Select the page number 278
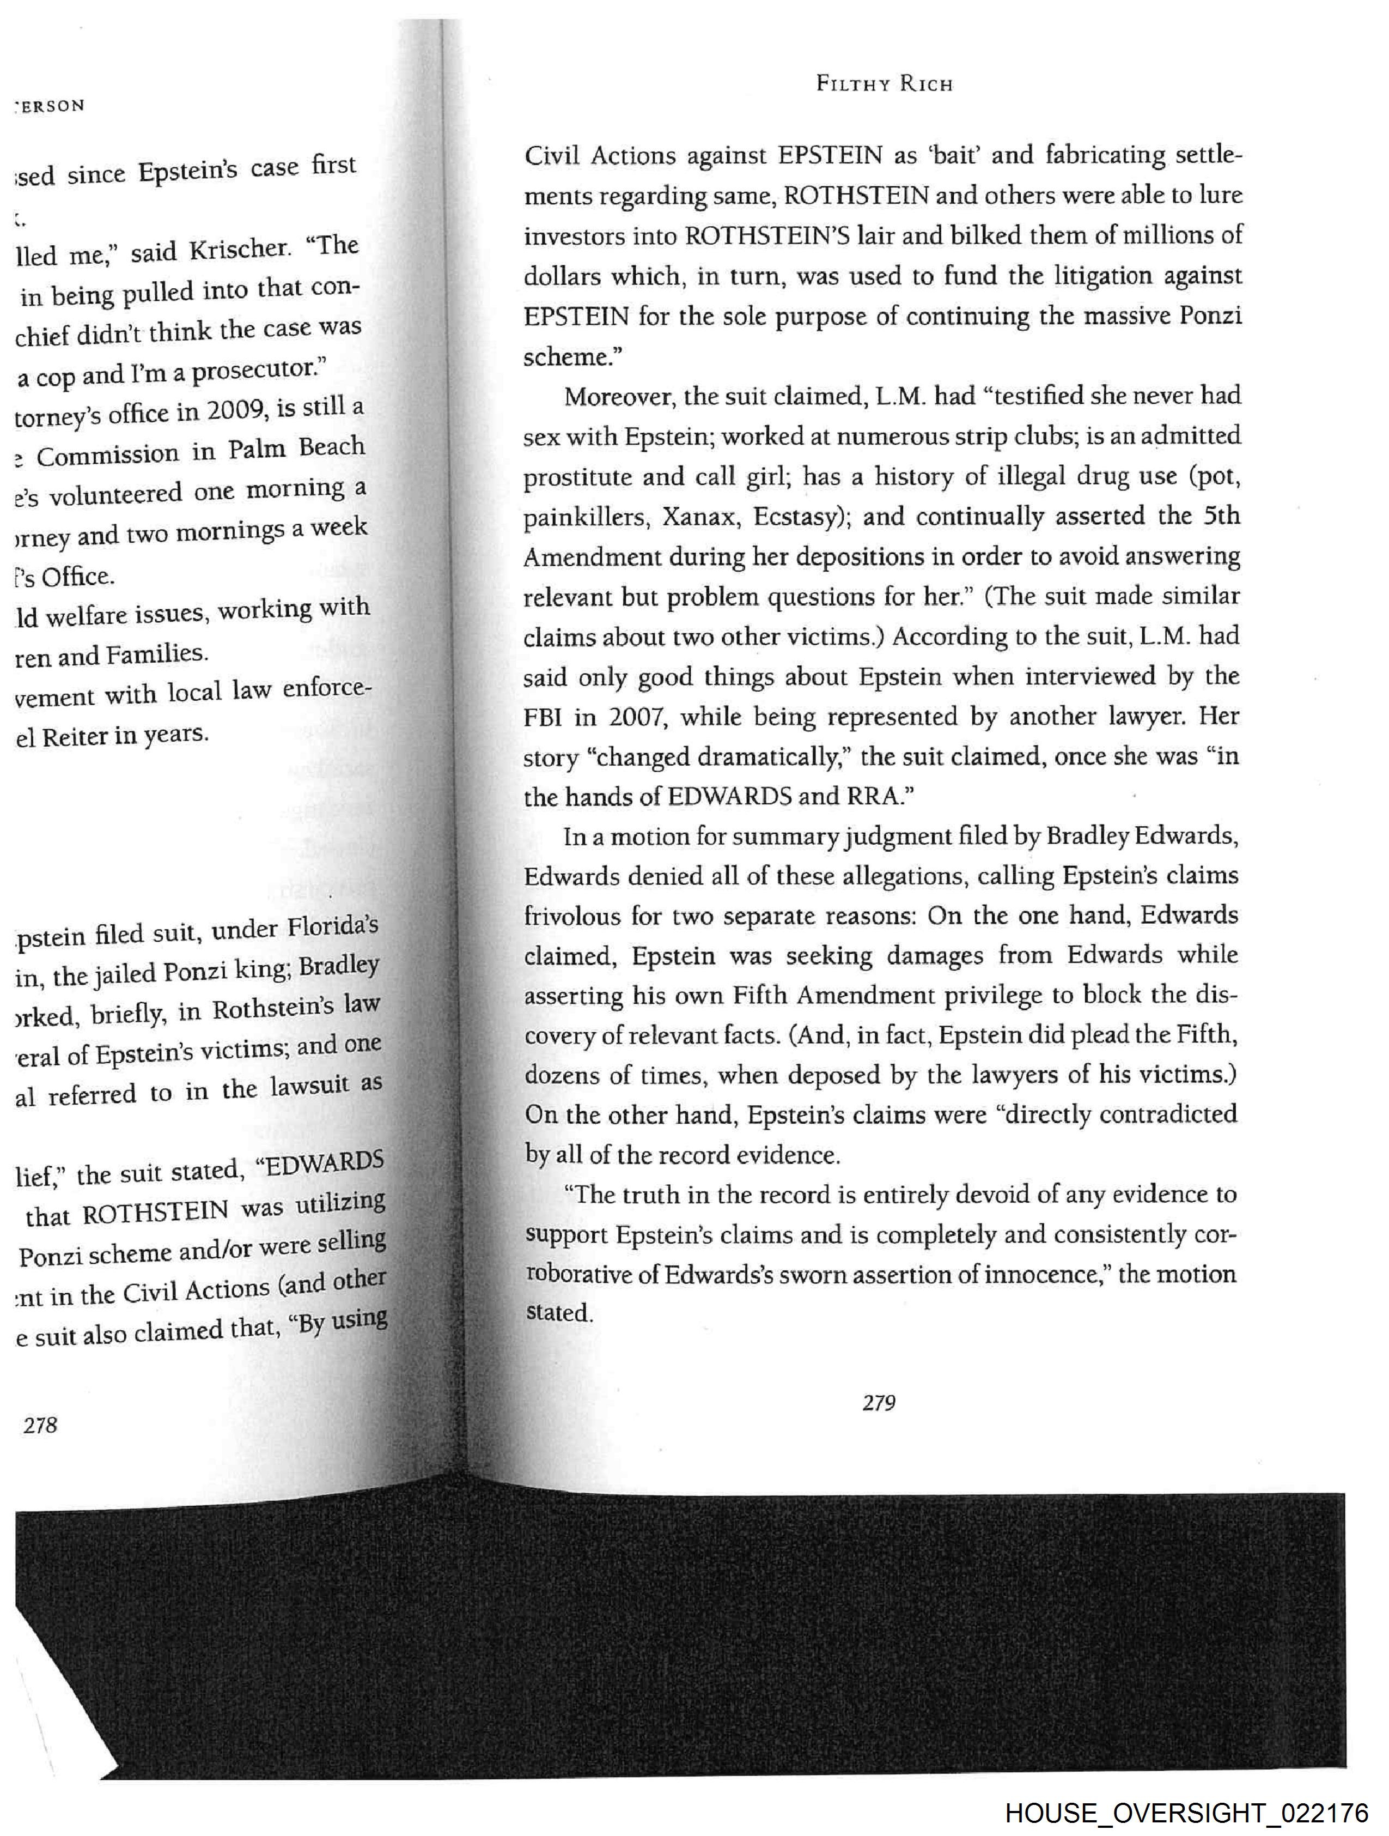(x=40, y=1425)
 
